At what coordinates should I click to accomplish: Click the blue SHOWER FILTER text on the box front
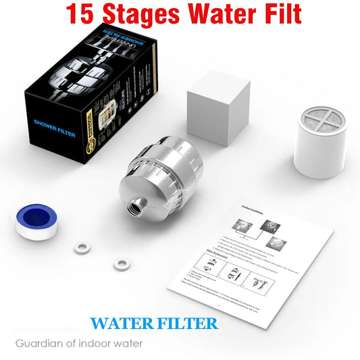[53, 124]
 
